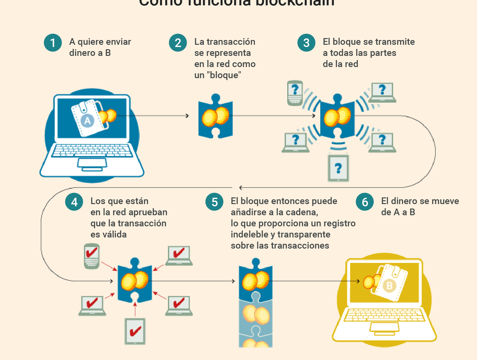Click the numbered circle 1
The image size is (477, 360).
point(53,43)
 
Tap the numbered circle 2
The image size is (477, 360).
point(178,43)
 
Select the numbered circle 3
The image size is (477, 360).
point(306,43)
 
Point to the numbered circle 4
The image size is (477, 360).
point(74,202)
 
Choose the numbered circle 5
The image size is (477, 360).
point(214,202)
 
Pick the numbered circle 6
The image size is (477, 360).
point(364,202)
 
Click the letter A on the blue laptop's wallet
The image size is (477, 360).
point(87,121)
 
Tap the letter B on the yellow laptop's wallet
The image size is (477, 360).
point(389,287)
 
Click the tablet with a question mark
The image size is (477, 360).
point(338,168)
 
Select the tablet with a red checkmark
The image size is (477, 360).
point(135,331)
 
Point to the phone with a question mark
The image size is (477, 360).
point(295,93)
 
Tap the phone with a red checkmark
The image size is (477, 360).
point(92,256)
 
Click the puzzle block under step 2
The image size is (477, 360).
point(215,116)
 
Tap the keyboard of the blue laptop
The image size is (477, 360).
point(92,151)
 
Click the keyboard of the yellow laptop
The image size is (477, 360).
point(384,315)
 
